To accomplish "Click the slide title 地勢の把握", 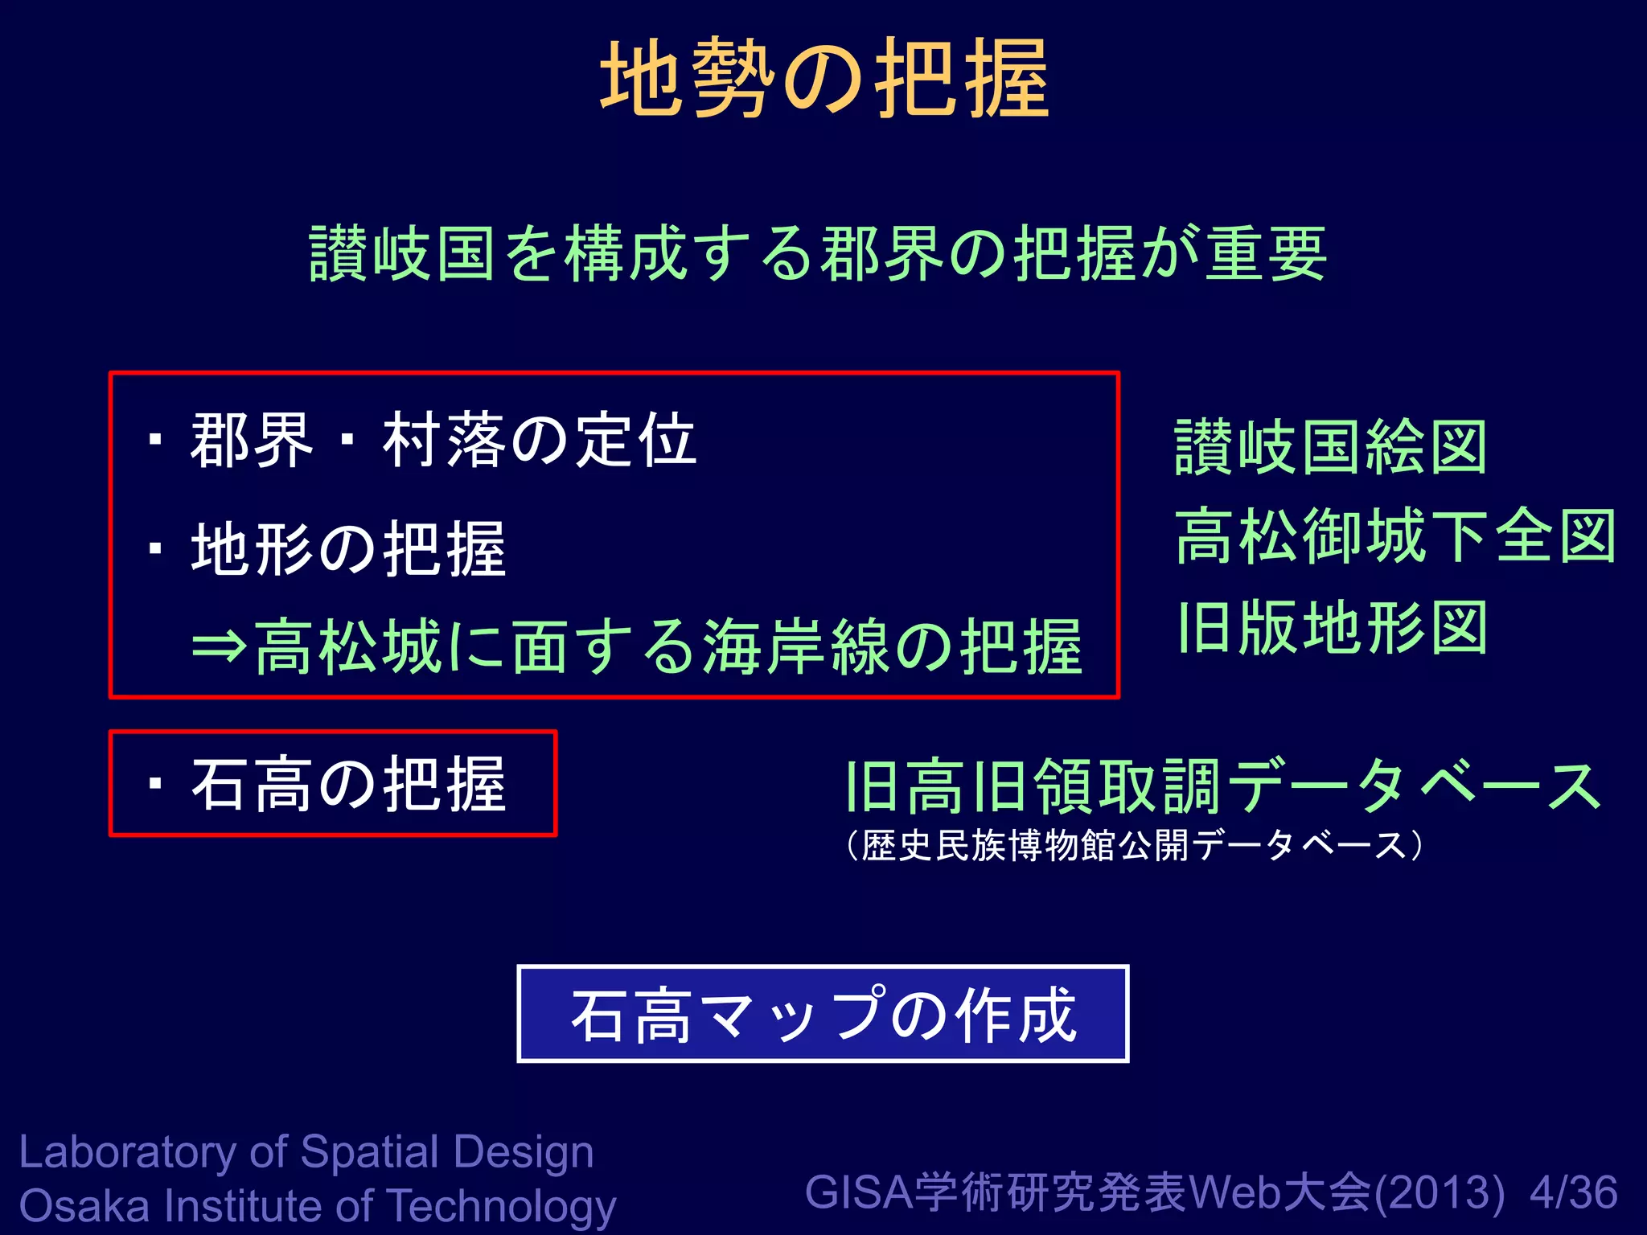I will point(824,79).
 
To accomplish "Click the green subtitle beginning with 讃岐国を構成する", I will point(818,254).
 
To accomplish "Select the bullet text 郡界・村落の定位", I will point(443,441).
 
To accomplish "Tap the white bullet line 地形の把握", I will point(348,549).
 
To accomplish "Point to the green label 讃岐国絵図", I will point(1330,448).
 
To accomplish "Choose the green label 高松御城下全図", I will point(1395,537).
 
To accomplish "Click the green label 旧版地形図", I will point(1332,628).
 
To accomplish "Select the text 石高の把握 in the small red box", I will point(348,784).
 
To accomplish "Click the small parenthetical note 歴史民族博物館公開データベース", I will point(1134,845).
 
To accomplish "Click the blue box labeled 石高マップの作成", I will point(823,1014).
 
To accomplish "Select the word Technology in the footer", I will point(503,1208).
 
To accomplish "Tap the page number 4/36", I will point(1574,1192).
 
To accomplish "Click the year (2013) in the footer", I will point(1440,1192).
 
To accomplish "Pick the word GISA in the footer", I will point(859,1192).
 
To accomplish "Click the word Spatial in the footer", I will point(369,1152).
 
